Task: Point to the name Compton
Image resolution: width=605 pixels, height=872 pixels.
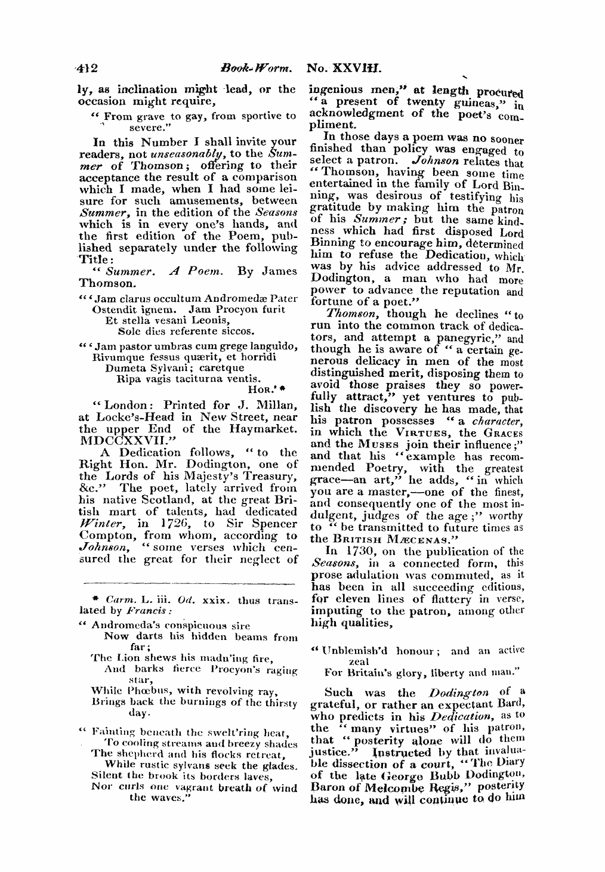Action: click(103, 536)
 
